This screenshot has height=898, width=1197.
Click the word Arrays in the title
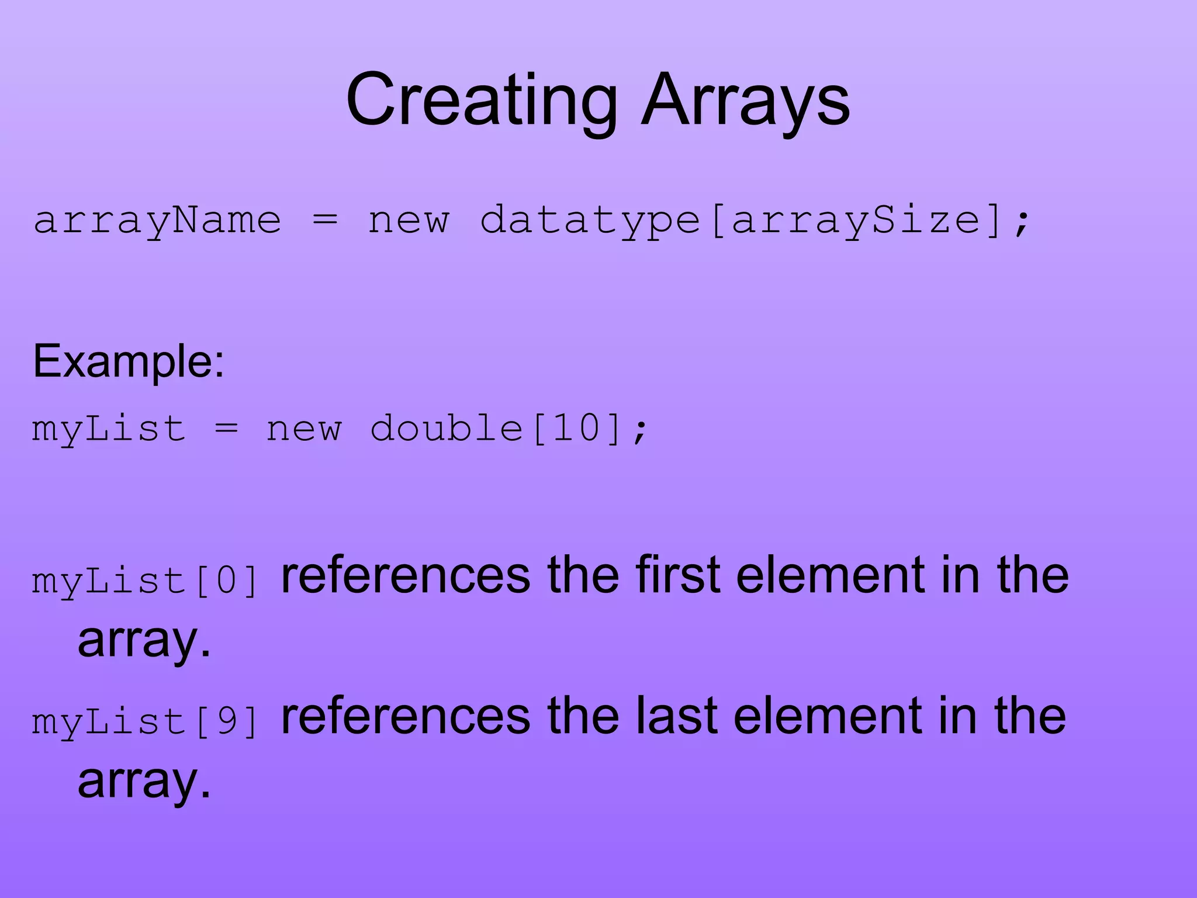(745, 101)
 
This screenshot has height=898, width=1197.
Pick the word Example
(128, 361)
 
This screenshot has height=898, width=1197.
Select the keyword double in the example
(447, 428)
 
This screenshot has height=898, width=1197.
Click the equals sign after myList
(227, 428)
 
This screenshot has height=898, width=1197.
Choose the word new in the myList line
(304, 428)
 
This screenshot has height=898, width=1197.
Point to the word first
(678, 575)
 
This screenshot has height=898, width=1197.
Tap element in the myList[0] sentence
(831, 575)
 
